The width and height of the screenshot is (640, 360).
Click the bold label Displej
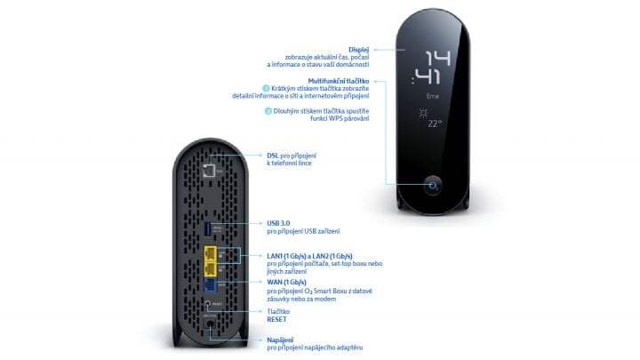[x=358, y=49]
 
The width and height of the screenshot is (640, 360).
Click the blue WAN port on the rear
[x=209, y=286]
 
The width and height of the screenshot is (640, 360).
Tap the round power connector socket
[x=210, y=327]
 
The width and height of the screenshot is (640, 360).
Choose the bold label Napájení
[x=283, y=339]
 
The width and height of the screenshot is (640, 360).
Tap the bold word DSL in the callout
[x=273, y=156]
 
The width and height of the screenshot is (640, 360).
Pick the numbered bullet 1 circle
[x=266, y=89]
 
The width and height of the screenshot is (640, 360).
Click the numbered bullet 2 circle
[x=266, y=111]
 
